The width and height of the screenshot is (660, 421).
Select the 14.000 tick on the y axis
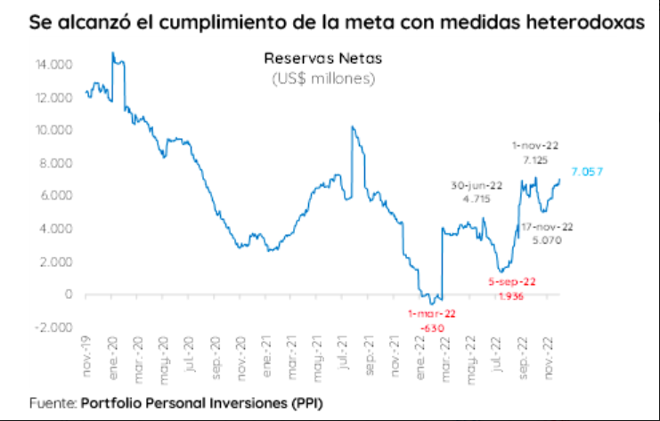(x=53, y=65)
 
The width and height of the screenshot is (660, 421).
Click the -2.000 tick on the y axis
(x=53, y=328)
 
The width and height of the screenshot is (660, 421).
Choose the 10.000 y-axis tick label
(x=53, y=131)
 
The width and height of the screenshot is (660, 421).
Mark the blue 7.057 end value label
(x=589, y=171)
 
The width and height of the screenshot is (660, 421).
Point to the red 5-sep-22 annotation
(x=506, y=282)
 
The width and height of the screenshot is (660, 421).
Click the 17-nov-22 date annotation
(x=547, y=226)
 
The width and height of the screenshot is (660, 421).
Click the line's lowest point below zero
(x=431, y=305)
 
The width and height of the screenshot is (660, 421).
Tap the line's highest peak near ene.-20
(x=112, y=53)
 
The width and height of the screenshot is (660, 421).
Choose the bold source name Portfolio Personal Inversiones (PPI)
(x=201, y=403)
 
